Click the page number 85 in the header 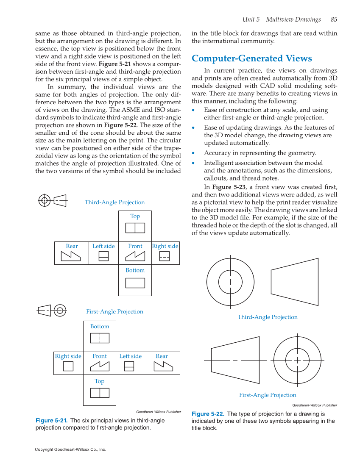[x=334, y=19]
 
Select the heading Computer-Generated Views [x=252, y=58]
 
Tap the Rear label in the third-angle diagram [x=72, y=246]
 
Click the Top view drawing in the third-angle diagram [x=135, y=228]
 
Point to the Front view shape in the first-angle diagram [x=100, y=366]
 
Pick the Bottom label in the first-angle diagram [x=100, y=327]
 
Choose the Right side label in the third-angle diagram [x=165, y=246]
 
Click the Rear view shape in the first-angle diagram [x=162, y=366]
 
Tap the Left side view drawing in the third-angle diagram [x=103, y=256]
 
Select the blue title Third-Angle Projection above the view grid [x=114, y=202]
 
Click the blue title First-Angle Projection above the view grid [x=114, y=312]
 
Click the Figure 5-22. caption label [x=208, y=414]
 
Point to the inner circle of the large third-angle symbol [x=230, y=282]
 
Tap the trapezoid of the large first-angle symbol [x=235, y=360]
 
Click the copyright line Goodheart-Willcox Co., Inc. [x=70, y=449]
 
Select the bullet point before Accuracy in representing [x=194, y=153]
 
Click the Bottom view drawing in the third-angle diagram [x=135, y=283]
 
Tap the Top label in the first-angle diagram [x=100, y=381]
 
